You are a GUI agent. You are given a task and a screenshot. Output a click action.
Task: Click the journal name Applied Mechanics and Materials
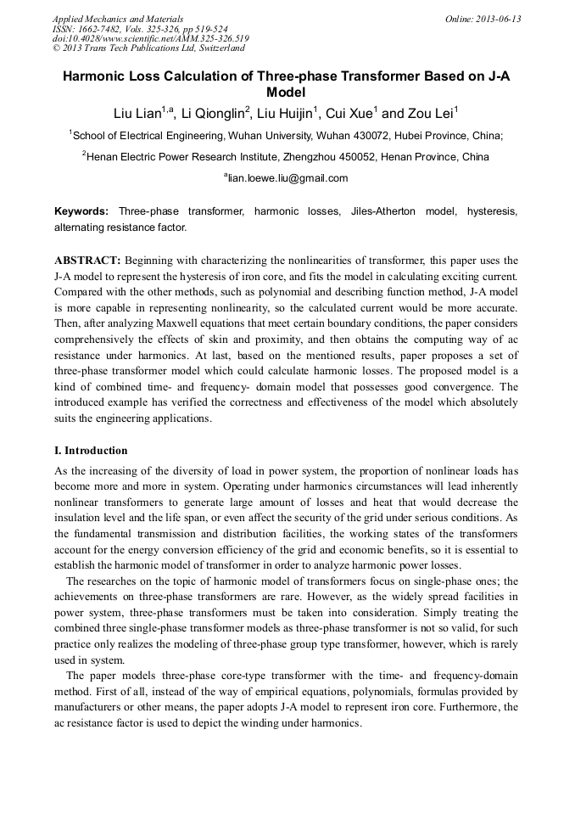[x=118, y=19]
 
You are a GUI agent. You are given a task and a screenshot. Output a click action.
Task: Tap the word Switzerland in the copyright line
[x=215, y=48]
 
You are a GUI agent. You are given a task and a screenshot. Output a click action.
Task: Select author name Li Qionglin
[x=215, y=113]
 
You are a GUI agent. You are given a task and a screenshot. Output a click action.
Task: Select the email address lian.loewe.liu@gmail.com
[x=288, y=178]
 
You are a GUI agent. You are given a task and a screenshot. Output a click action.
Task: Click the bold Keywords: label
[x=81, y=211]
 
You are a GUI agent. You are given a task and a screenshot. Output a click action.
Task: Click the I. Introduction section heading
[x=91, y=451]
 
